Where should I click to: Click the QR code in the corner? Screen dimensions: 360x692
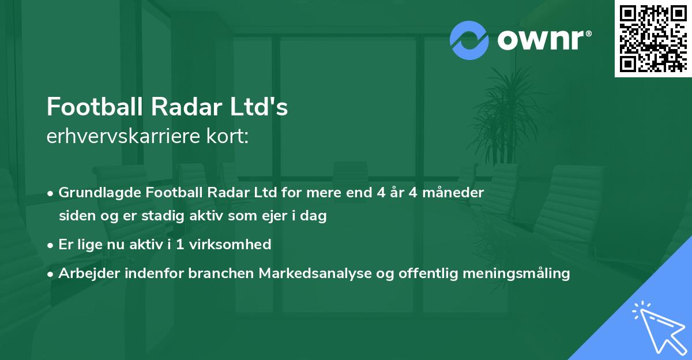653,39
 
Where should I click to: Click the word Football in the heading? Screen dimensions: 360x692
95,107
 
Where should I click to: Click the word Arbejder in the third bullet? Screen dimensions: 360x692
88,273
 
